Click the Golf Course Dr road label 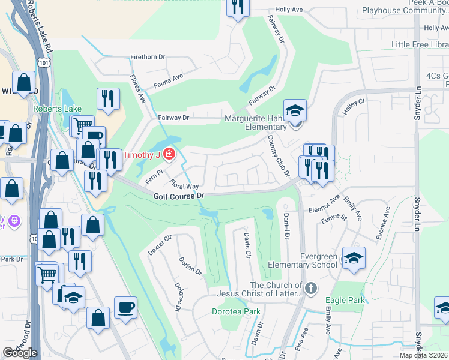click(179, 196)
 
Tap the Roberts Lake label click(57, 109)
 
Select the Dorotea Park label click(237, 311)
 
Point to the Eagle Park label click(345, 300)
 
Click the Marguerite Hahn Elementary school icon click(295, 110)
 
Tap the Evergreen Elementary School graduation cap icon click(354, 258)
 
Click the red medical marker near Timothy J click(169, 155)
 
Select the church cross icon click(310, 289)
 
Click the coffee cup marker click(125, 307)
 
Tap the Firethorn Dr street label click(148, 57)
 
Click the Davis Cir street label click(246, 246)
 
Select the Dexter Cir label click(160, 245)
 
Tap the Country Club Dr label click(278, 156)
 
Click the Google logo click(20, 353)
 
